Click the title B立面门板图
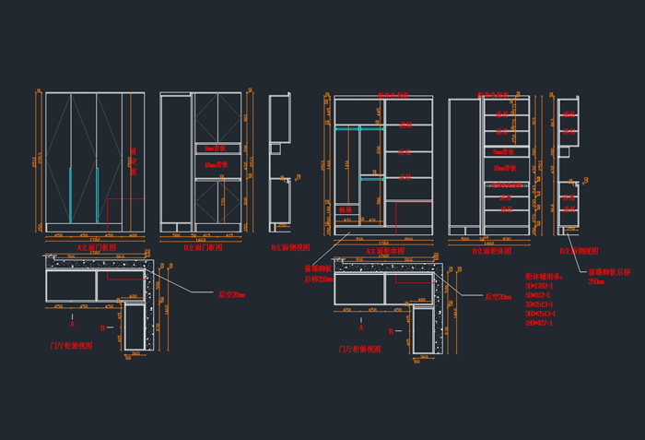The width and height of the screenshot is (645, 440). pos(202,247)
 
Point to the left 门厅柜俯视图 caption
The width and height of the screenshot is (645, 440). pos(71,347)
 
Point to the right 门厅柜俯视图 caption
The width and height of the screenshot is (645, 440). pos(360,350)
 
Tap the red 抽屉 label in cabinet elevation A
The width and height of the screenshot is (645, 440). pos(346,210)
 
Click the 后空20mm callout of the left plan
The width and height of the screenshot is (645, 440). pos(230,294)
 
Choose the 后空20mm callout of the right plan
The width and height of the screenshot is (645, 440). pos(498,297)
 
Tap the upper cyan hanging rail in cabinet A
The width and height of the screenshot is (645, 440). pos(358,128)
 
